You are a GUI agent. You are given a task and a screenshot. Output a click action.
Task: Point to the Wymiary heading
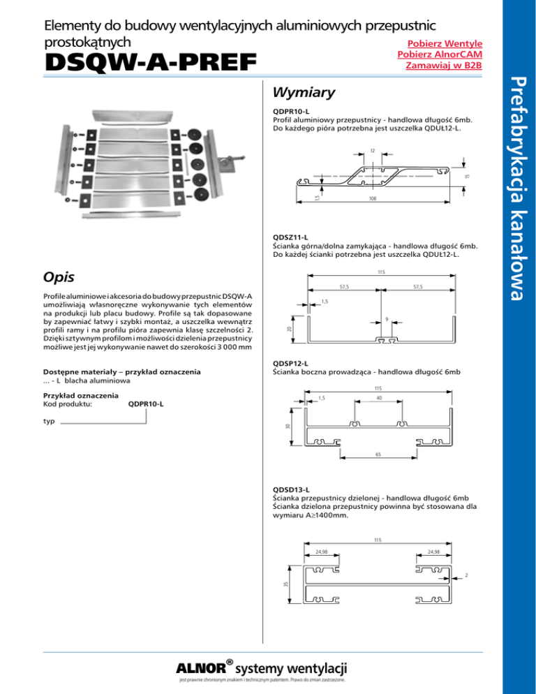point(304,93)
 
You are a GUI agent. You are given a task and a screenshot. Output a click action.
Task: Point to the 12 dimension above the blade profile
point(373,151)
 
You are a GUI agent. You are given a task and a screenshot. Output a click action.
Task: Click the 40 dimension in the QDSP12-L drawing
point(377,399)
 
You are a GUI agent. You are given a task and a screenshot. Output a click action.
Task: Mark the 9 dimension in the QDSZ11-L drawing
point(387,320)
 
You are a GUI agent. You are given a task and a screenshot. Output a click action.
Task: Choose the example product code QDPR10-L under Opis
point(147,404)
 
